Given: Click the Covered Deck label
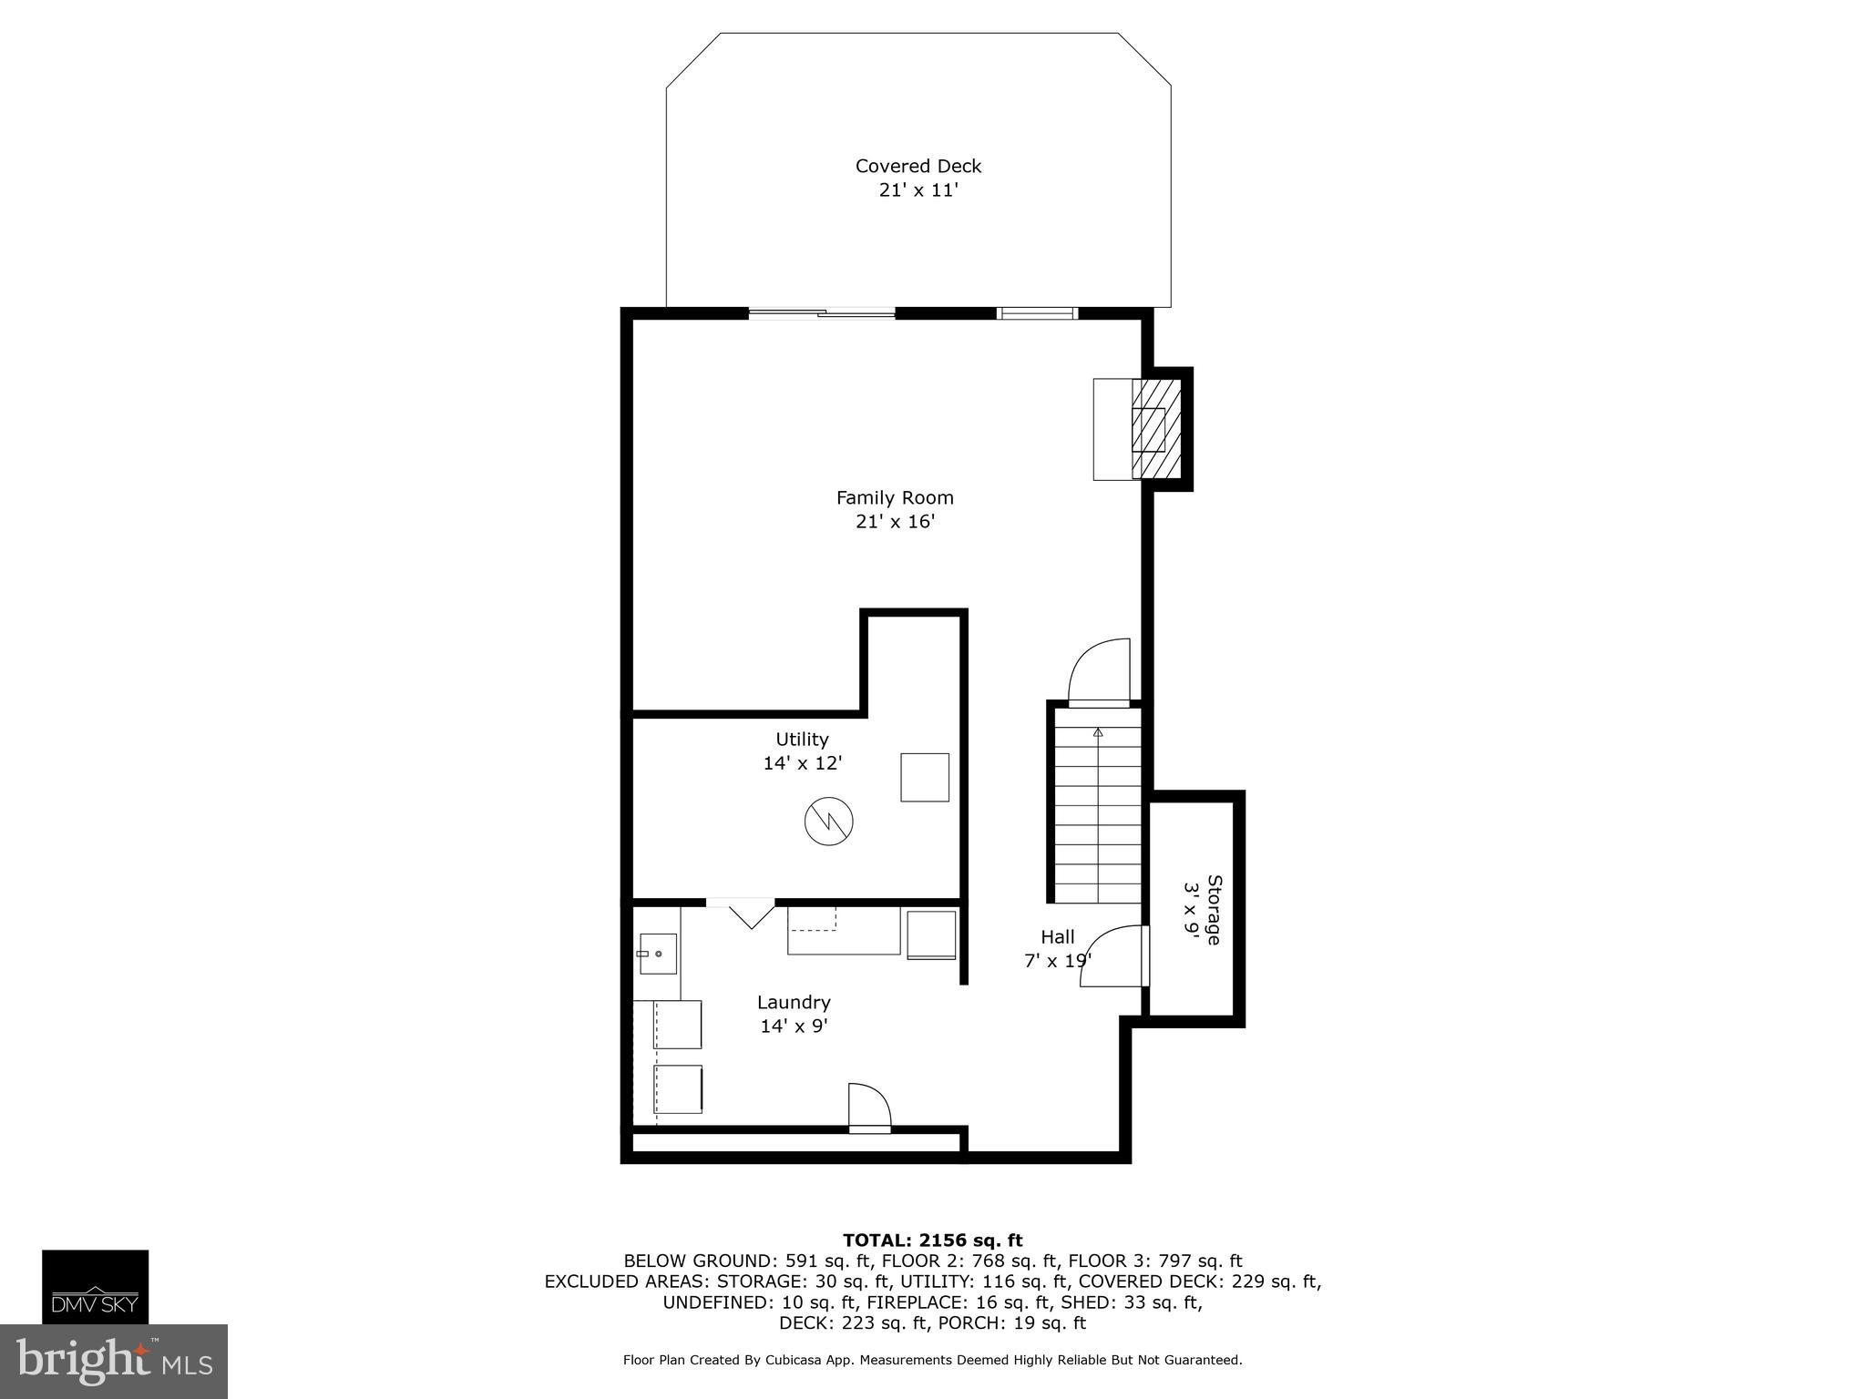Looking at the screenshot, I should click(x=918, y=167).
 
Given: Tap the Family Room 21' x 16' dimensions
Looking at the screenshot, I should click(x=895, y=522).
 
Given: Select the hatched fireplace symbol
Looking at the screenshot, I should click(x=1156, y=429).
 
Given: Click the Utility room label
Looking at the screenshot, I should click(x=802, y=740).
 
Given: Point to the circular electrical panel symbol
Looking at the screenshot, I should click(x=828, y=822).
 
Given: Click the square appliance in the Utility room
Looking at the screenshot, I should click(x=924, y=777).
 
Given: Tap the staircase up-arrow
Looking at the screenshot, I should click(x=1098, y=733).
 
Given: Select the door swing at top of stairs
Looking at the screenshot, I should click(x=1100, y=672).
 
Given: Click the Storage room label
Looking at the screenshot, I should click(x=1214, y=909).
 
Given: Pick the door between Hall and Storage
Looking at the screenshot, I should click(x=1113, y=956).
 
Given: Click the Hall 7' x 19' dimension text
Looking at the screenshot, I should click(x=1057, y=961).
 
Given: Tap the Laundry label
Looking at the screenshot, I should click(x=794, y=1003).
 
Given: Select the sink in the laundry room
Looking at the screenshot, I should click(x=657, y=954).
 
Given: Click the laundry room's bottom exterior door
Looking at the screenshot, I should click(x=868, y=1108).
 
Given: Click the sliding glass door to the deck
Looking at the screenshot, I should click(x=821, y=313).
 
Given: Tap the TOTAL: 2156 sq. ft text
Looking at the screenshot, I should click(x=932, y=1241).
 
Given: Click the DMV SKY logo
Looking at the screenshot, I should click(x=95, y=1286).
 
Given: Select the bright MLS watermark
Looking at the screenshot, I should click(x=113, y=1361).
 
